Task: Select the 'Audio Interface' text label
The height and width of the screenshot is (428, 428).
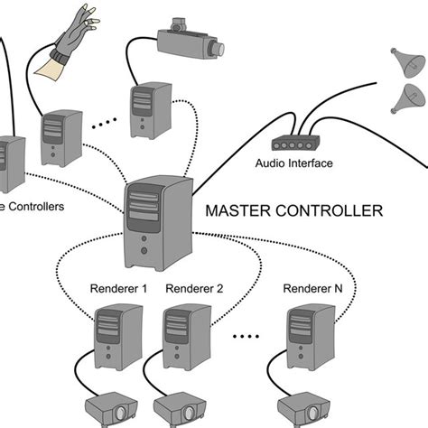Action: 294,163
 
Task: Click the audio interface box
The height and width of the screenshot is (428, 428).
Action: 293,143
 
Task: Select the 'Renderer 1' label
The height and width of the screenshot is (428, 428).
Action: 118,289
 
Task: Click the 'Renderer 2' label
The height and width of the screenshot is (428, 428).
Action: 194,289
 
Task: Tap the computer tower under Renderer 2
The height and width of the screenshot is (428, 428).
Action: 185,339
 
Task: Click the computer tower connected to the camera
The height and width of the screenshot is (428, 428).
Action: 150,109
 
